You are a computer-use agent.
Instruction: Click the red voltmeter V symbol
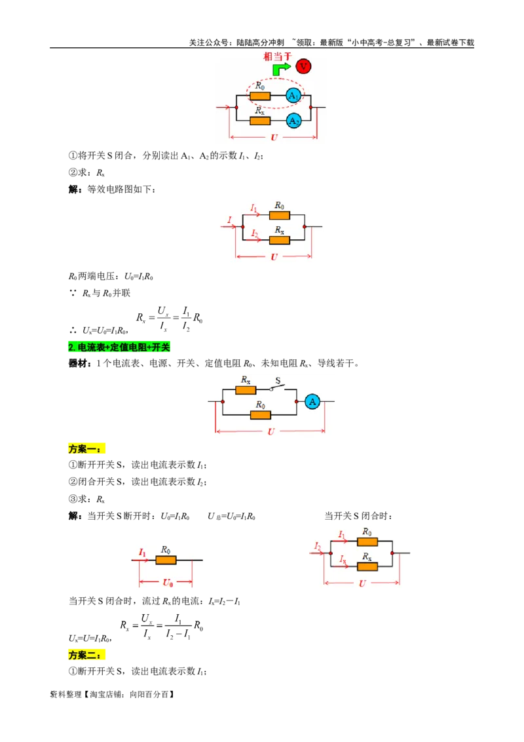click(303, 66)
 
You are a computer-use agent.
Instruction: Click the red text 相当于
click(276, 56)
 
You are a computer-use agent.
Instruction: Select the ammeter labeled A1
click(294, 96)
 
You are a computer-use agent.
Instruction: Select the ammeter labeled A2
click(294, 121)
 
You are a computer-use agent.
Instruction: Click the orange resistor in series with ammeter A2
click(260, 121)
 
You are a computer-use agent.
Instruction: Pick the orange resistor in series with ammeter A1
click(260, 96)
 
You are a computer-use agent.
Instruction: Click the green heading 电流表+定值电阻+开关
click(119, 347)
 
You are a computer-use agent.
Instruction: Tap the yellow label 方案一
click(86, 449)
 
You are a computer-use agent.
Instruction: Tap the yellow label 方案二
click(86, 654)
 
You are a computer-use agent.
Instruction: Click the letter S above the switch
click(277, 380)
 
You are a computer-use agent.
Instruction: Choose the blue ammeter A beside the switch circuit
click(312, 401)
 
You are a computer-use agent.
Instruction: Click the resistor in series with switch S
click(246, 390)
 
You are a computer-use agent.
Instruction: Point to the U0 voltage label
click(167, 582)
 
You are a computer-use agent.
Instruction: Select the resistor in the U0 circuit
click(166, 560)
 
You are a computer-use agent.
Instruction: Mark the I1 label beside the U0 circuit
click(143, 553)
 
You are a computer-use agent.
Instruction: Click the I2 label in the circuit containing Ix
click(317, 545)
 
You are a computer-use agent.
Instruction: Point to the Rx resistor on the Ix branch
click(367, 566)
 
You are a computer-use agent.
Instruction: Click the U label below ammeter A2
click(273, 138)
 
